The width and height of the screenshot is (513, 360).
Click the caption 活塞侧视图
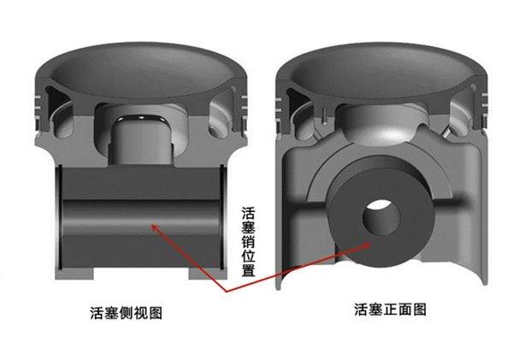(x=127, y=313)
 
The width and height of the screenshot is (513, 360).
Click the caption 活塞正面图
(x=391, y=310)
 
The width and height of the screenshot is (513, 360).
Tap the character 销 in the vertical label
(x=248, y=241)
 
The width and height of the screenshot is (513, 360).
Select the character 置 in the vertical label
(x=248, y=270)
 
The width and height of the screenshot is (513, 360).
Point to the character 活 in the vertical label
(x=248, y=213)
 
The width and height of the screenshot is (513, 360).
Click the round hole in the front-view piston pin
(x=381, y=217)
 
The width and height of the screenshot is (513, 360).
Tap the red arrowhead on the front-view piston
(x=365, y=245)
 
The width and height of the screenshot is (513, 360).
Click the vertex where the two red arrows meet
(x=226, y=292)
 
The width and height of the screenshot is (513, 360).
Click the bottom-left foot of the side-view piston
(x=74, y=274)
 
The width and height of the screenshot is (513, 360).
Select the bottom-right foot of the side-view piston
(x=208, y=274)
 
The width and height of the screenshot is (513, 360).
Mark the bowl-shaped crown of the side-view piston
(x=141, y=71)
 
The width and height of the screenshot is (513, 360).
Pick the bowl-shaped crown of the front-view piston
(x=382, y=71)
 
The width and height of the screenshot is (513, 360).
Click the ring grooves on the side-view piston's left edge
(x=38, y=108)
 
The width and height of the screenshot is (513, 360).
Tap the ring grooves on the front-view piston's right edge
(x=484, y=104)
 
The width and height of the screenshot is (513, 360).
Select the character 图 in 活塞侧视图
(x=156, y=313)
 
